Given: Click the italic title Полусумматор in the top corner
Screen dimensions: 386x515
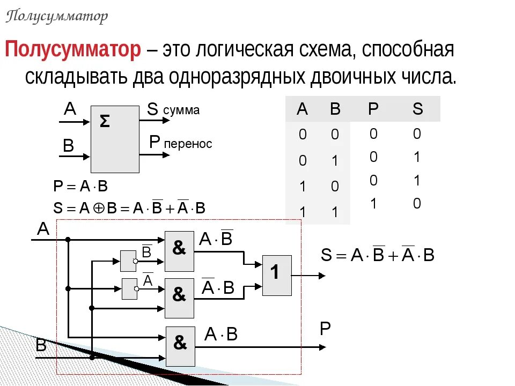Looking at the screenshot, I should [57, 17].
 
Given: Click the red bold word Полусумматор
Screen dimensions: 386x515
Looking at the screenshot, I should [73, 50].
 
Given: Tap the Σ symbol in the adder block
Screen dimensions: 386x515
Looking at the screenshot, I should [105, 122].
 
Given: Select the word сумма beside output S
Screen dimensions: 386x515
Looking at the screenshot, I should [181, 110].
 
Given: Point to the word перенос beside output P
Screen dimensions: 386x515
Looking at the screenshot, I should [188, 144].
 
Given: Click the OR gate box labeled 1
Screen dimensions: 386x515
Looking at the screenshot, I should [276, 275].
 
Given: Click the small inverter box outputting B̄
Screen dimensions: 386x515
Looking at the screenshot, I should [128, 261].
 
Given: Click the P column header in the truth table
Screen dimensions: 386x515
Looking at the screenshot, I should [373, 109].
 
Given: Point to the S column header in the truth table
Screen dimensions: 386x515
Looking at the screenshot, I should [417, 109].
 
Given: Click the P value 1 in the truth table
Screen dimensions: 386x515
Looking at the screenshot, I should [373, 203].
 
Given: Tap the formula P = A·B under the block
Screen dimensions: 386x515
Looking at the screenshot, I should [80, 187].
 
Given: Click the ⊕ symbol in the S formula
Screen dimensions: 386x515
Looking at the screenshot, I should [98, 209].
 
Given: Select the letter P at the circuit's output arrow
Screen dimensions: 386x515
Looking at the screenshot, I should [325, 329].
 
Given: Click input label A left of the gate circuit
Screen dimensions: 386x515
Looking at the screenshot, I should [43, 229].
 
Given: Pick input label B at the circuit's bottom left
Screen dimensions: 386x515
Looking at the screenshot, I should [41, 346].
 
